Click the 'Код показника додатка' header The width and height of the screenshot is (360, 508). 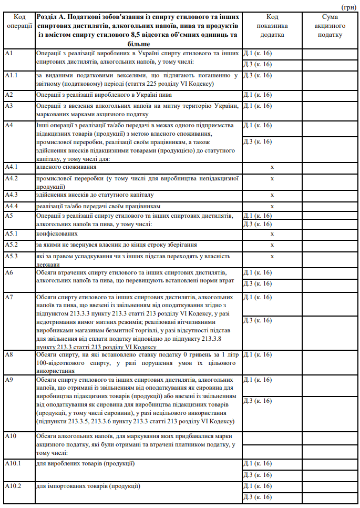272,26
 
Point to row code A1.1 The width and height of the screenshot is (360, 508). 12,75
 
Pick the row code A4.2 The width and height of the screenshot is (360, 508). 11,178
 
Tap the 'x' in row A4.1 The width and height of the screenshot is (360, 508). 272,167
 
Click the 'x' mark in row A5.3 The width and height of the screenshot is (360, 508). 272,257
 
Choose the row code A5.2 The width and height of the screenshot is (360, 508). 11,245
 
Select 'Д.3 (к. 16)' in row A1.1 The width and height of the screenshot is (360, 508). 258,75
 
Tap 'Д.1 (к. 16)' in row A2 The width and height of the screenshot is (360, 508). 258,95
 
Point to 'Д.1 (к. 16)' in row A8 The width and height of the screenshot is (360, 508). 258,354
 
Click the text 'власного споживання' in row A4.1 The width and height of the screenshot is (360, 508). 66,167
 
